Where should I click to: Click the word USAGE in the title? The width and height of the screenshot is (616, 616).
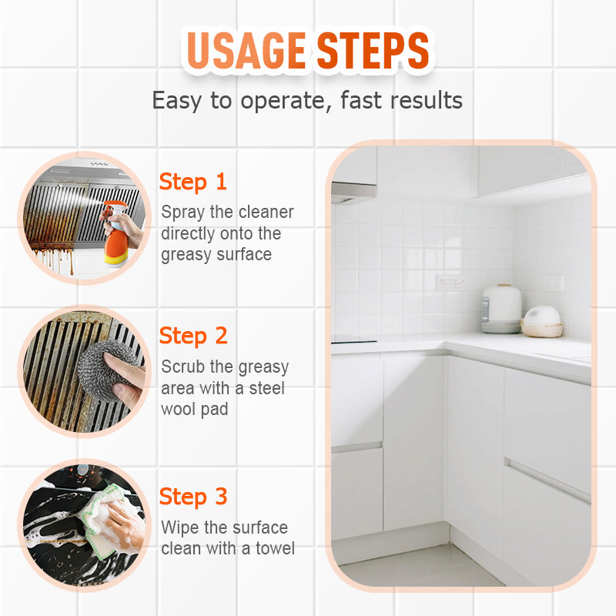pyautogui.click(x=246, y=50)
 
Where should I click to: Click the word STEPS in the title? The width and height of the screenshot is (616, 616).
pyautogui.click(x=373, y=50)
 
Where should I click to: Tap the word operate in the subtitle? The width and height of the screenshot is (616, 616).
pyautogui.click(x=283, y=101)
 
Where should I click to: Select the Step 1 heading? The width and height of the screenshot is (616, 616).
pyautogui.click(x=193, y=182)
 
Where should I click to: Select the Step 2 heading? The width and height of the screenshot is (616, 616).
pyautogui.click(x=193, y=336)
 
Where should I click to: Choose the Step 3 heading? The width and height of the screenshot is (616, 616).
pyautogui.click(x=193, y=497)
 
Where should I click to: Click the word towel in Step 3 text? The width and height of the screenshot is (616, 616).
pyautogui.click(x=275, y=548)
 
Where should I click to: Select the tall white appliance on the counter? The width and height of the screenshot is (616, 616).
pyautogui.click(x=501, y=309)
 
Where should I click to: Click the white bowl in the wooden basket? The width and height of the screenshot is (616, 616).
pyautogui.click(x=542, y=317)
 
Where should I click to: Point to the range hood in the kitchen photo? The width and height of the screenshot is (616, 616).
pyautogui.click(x=353, y=192)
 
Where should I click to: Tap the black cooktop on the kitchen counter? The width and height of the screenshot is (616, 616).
pyautogui.click(x=353, y=341)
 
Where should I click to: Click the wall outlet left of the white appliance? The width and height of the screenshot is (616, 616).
pyautogui.click(x=451, y=283)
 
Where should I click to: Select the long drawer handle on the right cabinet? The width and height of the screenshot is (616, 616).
pyautogui.click(x=547, y=480)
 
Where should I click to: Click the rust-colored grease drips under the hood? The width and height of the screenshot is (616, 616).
pyautogui.click(x=53, y=257)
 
